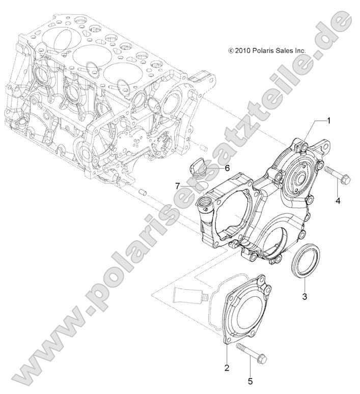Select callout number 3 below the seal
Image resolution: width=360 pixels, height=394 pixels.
(x=304, y=296)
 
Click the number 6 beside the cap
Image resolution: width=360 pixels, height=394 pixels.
(x=227, y=167)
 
